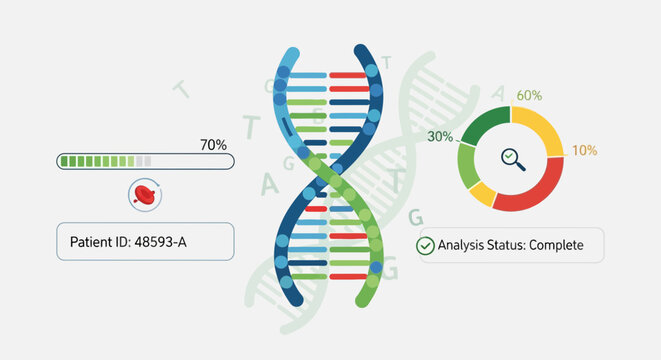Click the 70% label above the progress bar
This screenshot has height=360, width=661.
[x=213, y=145]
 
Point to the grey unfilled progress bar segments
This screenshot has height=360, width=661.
[x=144, y=160]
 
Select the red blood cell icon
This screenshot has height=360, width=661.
[x=146, y=196]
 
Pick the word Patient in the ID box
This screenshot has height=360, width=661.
[x=92, y=242]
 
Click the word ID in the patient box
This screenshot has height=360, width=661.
[x=125, y=242]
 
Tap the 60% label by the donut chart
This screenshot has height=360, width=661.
[x=529, y=96]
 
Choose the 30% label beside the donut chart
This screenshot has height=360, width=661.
[x=441, y=137]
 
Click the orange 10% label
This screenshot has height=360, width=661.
[x=584, y=151]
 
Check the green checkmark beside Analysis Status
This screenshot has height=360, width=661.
[x=425, y=245]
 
